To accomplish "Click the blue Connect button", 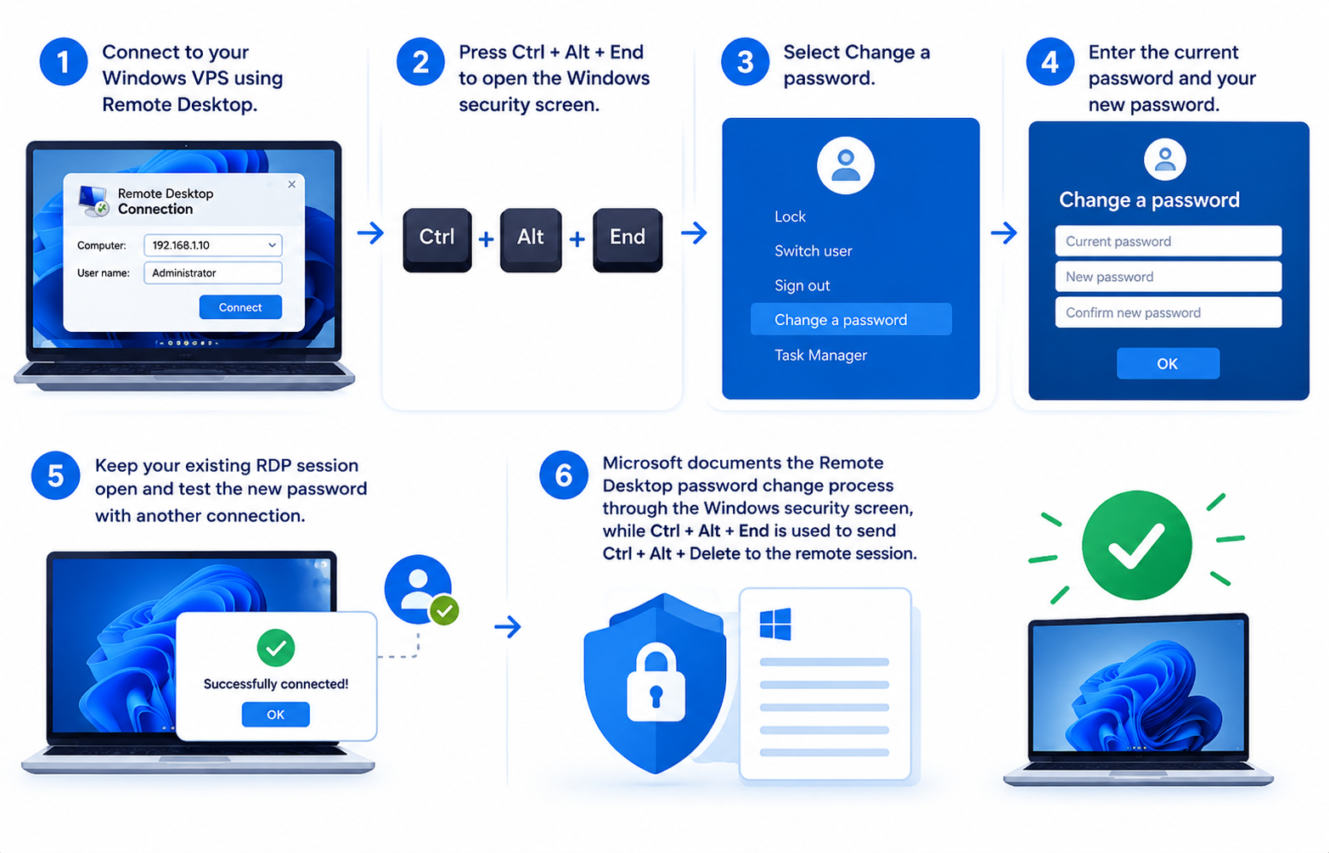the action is (240, 307).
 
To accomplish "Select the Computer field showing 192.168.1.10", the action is (213, 245).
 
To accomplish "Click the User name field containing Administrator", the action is (213, 272).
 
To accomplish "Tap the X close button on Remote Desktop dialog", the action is (292, 184).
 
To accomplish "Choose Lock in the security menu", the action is (790, 216).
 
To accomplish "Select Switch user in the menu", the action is (813, 251).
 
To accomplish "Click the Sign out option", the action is (802, 285).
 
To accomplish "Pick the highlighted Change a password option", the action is (851, 320).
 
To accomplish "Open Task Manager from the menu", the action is (820, 355).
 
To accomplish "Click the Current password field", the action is (1168, 241).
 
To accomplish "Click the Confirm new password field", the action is (1168, 312).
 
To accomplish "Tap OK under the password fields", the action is (1168, 363).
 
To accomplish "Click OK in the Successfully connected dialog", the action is (275, 714).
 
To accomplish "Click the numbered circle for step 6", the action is (563, 475).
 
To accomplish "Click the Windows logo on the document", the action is (774, 624).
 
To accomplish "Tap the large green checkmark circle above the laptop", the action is (1136, 545).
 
